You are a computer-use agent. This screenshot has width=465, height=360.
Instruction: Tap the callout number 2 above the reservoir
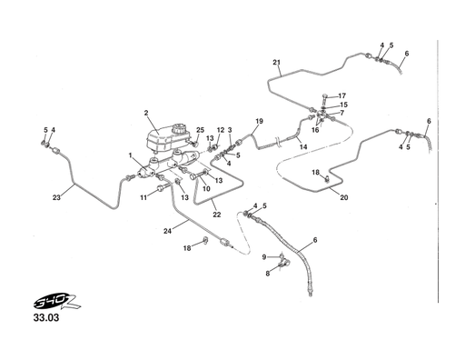point(145,113)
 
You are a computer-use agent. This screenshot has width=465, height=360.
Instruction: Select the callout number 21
point(276,62)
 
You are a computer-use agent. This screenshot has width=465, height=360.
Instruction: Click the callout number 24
point(167,231)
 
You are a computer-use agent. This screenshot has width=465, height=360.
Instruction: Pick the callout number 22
point(216,214)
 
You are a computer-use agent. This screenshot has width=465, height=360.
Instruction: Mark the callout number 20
point(344,196)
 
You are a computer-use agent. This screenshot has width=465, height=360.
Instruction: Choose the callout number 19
point(259,121)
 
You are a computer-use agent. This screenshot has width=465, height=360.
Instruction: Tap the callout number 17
point(342,95)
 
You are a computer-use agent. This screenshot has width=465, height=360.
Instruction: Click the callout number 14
point(303,145)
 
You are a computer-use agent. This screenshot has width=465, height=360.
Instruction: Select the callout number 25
point(200,130)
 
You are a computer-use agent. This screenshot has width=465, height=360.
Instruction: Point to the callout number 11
point(143,196)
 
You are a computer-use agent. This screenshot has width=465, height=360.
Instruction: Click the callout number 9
point(264,256)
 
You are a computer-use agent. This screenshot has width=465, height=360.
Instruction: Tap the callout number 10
point(206,189)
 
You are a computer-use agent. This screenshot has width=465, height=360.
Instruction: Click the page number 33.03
point(45,320)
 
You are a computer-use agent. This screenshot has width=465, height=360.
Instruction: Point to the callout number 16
point(314,130)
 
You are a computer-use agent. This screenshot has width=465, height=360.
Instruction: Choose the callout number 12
point(220,130)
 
